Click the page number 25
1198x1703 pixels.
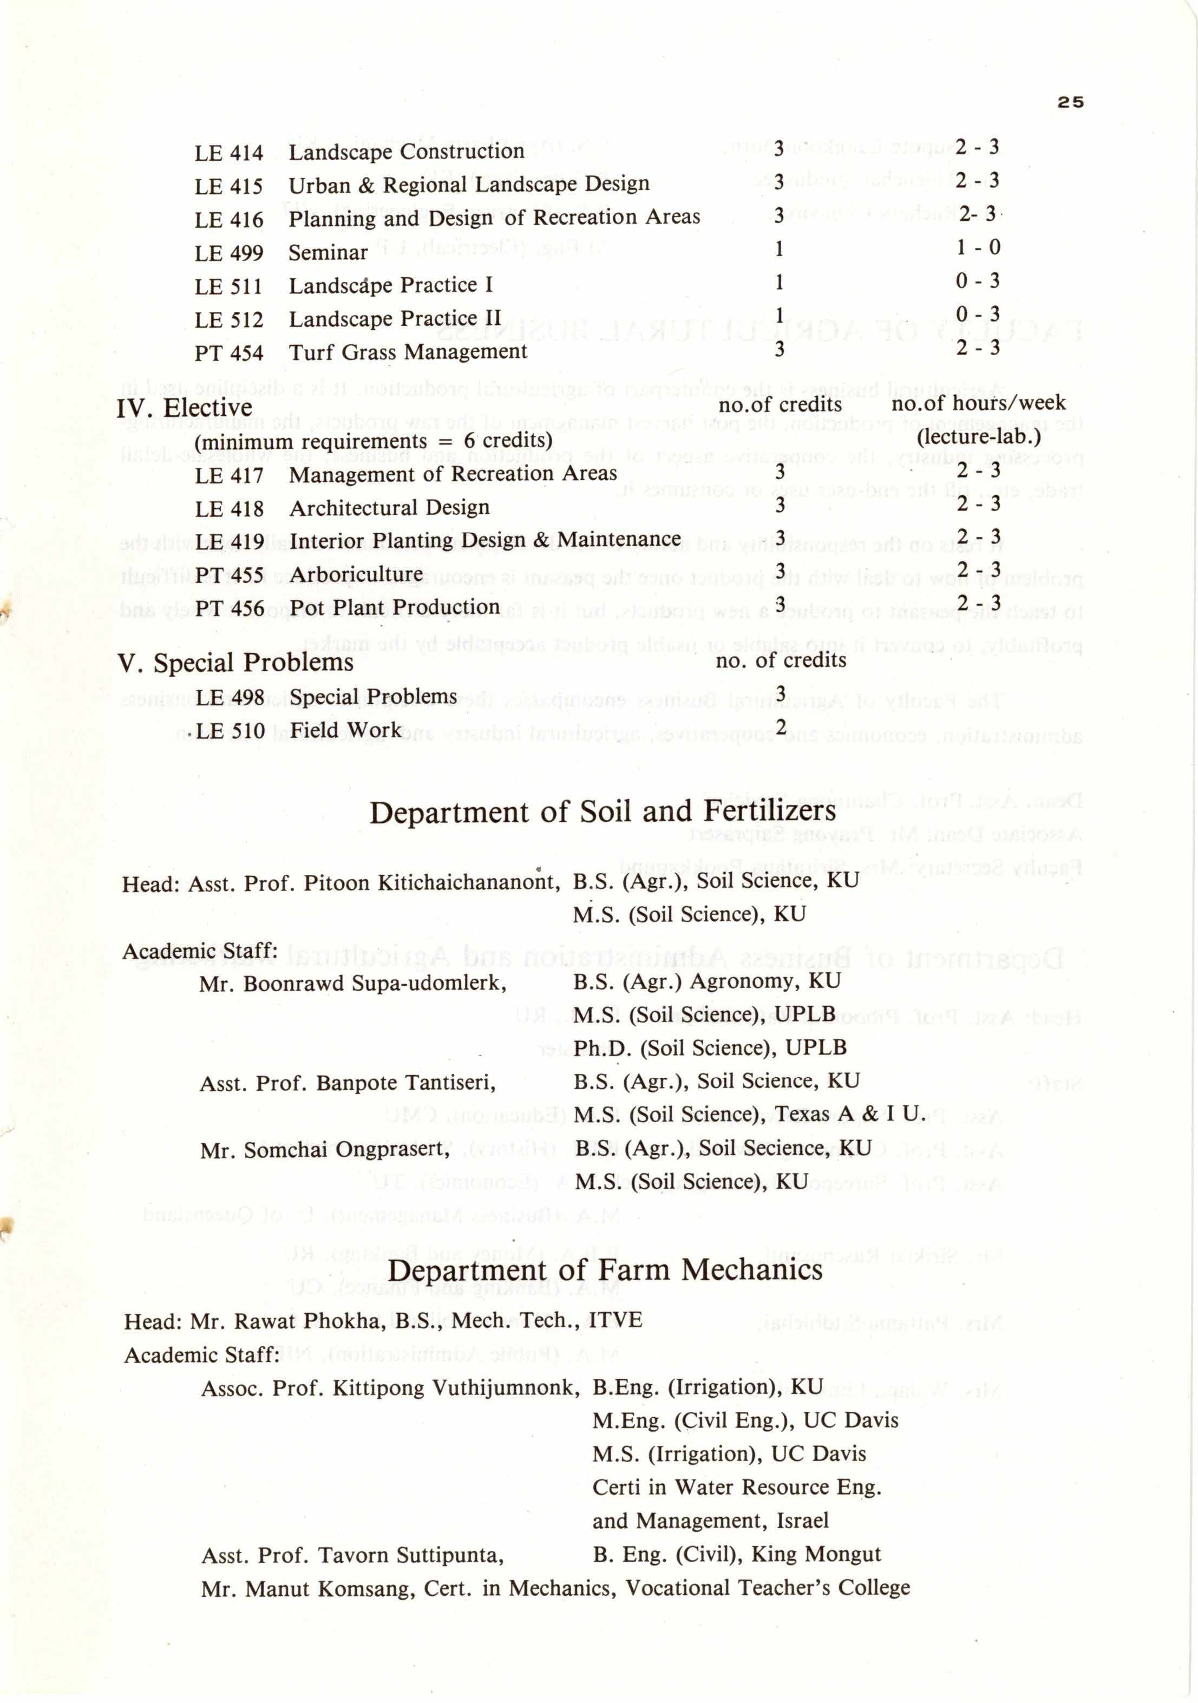click(1070, 102)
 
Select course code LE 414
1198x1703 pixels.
click(228, 153)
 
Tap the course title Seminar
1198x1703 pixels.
click(328, 253)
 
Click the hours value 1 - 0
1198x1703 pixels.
click(978, 247)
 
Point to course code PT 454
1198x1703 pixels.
click(228, 353)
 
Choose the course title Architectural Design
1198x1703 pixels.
click(389, 508)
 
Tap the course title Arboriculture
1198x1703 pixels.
click(356, 575)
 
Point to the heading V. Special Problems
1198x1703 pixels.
click(235, 663)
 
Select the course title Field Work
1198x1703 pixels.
click(346, 731)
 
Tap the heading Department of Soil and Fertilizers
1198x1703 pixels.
click(603, 812)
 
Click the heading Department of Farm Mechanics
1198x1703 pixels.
click(605, 1270)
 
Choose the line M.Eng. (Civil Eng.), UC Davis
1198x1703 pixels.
click(745, 1420)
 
